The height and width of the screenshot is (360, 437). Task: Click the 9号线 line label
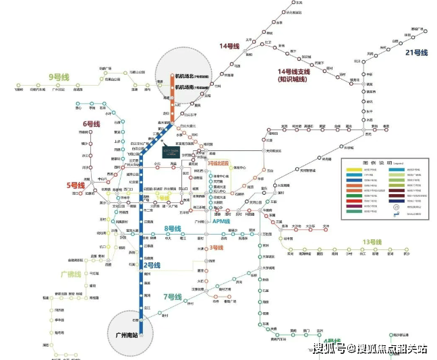pos(59,77)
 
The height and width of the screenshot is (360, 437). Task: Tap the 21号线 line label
pos(416,53)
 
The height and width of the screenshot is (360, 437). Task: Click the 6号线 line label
pos(92,124)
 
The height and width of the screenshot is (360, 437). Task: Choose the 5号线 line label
pos(76,185)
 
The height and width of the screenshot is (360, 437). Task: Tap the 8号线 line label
pos(173,229)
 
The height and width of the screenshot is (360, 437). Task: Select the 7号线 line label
pos(172,297)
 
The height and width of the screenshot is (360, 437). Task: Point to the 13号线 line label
pos(372,242)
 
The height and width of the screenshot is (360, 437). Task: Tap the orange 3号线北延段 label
pos(218,162)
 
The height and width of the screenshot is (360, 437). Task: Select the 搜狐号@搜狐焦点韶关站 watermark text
pos(370,348)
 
